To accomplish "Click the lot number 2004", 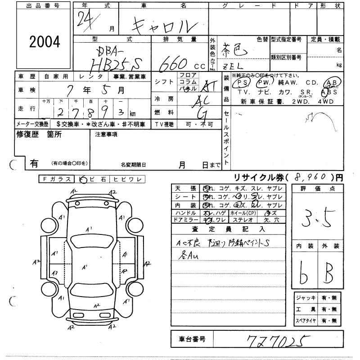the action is click(44, 42).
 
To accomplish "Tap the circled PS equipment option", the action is click(243, 83).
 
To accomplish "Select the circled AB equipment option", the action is click(333, 82).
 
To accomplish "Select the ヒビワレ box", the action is click(128, 179).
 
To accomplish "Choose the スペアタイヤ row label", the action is click(306, 321).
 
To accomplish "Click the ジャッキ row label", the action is click(306, 298).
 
